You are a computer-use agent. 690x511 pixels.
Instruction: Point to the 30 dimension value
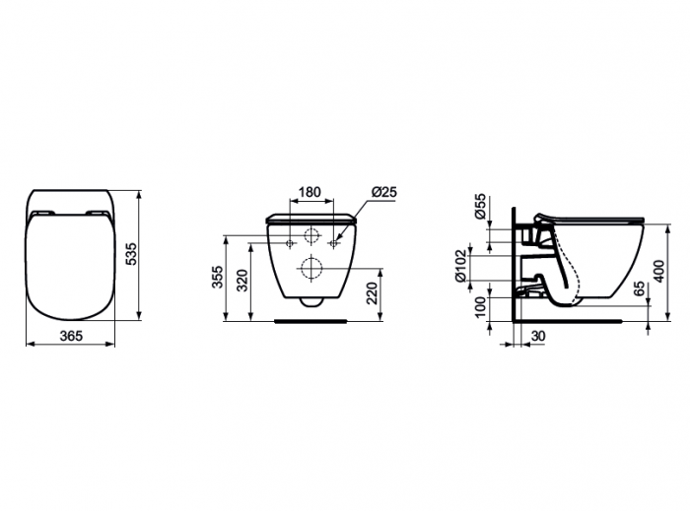tap(538, 337)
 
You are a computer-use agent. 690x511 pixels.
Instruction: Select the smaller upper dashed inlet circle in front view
tap(311, 237)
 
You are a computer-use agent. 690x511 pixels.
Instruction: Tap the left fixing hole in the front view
tap(289, 242)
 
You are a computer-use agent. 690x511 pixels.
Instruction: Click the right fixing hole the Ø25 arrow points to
tap(335, 242)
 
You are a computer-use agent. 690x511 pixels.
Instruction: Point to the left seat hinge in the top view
tap(42, 215)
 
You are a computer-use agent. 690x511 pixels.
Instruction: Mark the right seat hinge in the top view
tap(97, 215)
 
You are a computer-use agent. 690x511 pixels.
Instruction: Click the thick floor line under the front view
tap(311, 320)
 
